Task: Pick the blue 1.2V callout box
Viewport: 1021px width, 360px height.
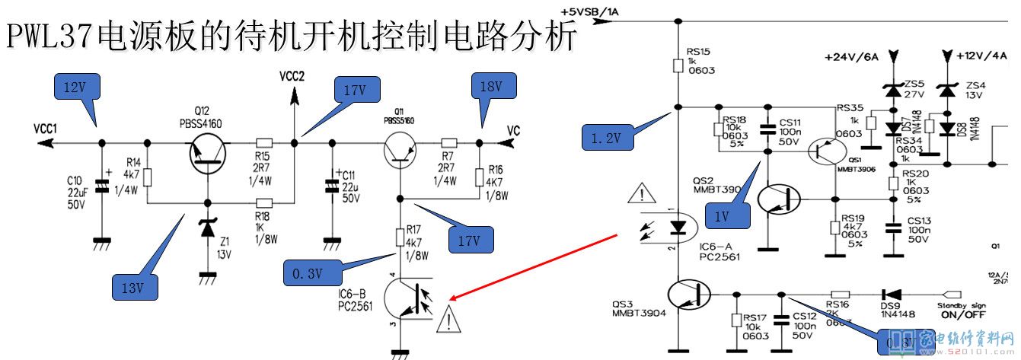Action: [606, 139]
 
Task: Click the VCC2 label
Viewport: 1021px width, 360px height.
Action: [292, 76]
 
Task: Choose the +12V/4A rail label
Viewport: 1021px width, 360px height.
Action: [981, 56]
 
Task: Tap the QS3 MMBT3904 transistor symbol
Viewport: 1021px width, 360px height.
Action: [688, 294]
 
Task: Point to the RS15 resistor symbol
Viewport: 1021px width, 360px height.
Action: [677, 65]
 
